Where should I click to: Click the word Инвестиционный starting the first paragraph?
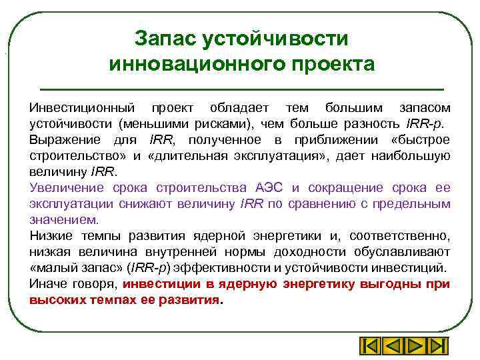coord(81,108)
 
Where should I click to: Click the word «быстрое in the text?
coord(419,140)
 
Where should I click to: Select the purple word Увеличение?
coord(65,188)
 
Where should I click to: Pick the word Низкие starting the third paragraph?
coord(51,236)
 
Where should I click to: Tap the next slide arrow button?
coord(415,347)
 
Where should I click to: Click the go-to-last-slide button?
coord(438,347)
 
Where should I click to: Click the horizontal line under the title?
coord(242,89)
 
